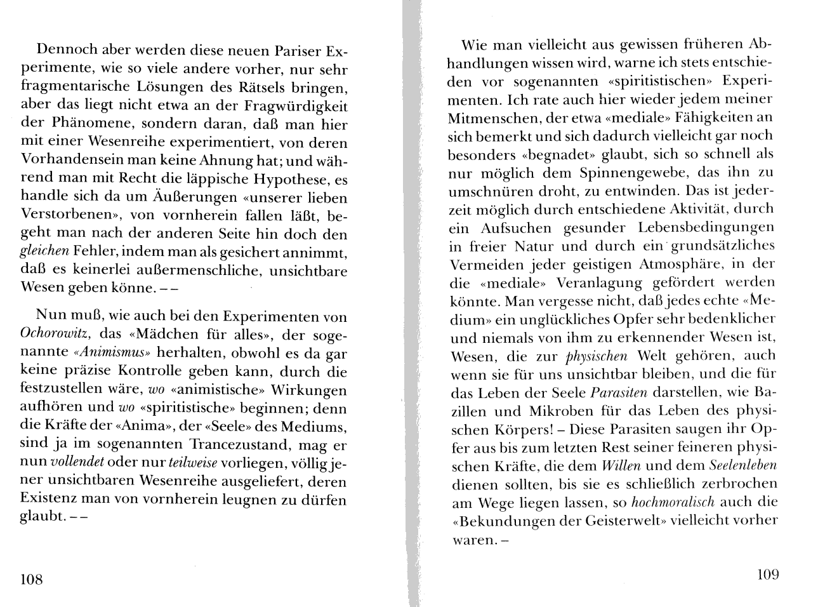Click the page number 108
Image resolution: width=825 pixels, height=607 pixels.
pos(31,578)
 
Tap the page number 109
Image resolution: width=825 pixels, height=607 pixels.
pos(767,575)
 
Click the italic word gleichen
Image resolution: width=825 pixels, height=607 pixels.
pos(44,251)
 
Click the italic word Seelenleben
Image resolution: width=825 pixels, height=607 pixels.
pos(742,465)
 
